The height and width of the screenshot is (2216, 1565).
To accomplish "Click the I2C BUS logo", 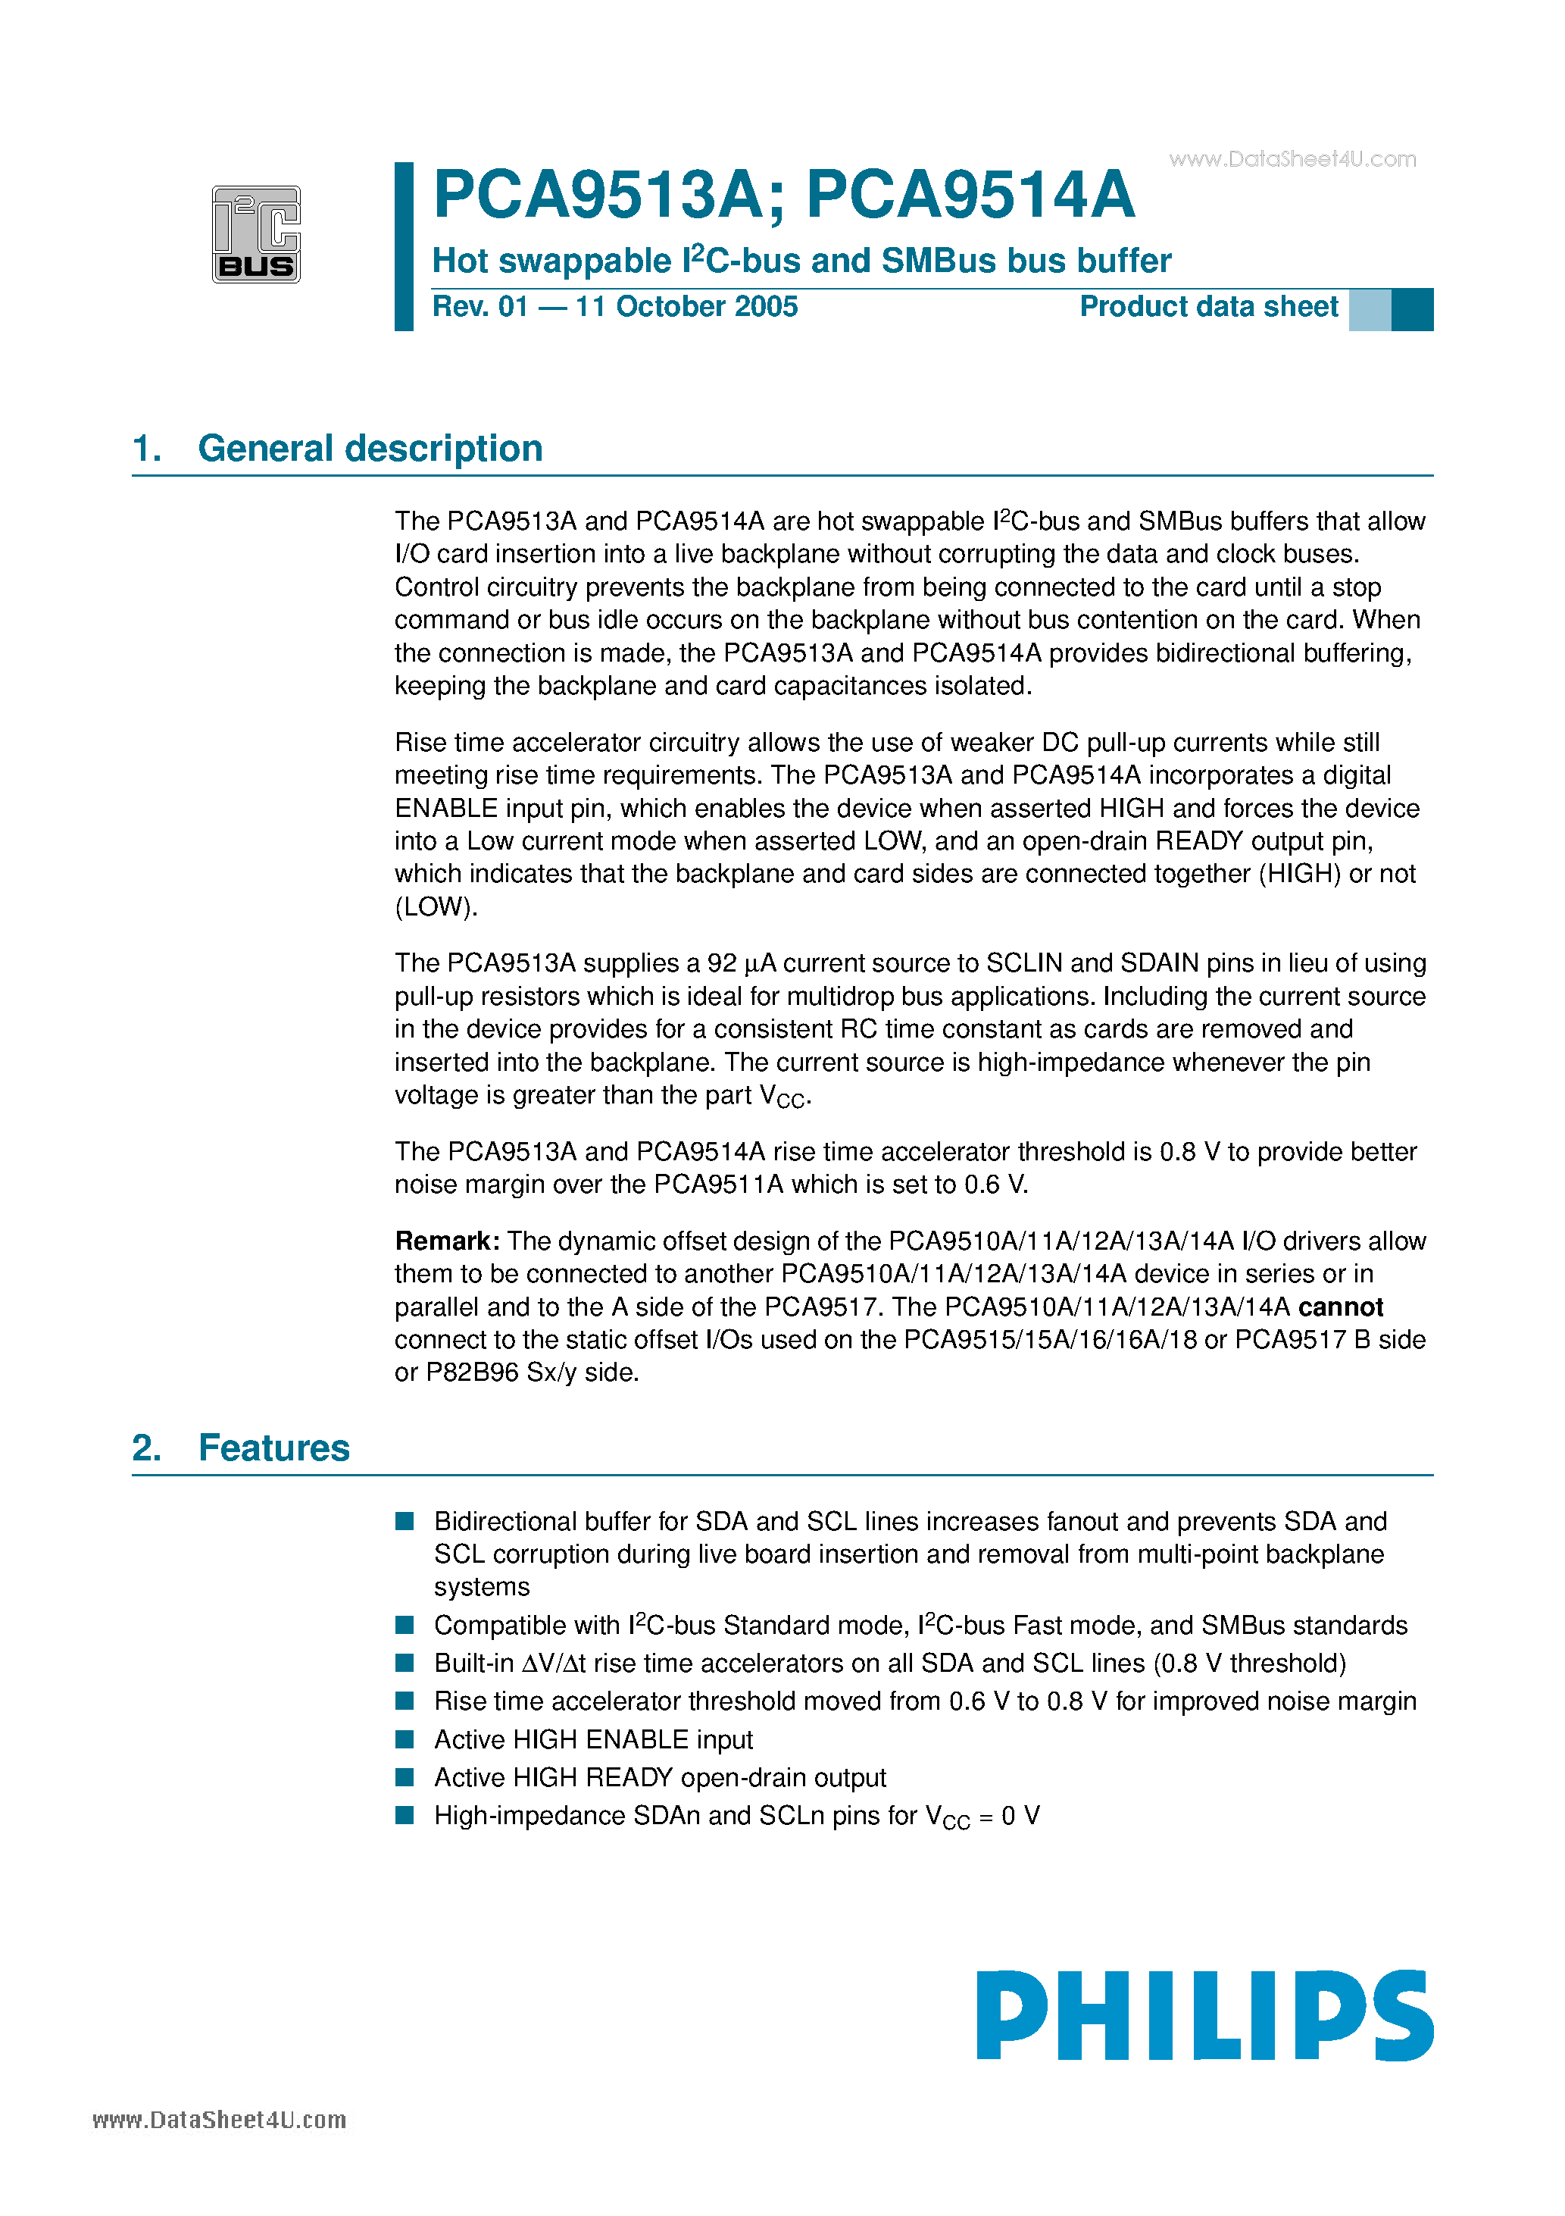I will [256, 234].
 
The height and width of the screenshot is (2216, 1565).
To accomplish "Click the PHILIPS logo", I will [1204, 2015].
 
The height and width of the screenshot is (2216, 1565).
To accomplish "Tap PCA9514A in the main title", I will [970, 196].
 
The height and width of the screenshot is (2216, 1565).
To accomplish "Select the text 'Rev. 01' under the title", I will [479, 307].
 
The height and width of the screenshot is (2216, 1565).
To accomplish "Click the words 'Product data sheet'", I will [1208, 307].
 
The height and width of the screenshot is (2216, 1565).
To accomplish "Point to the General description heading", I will [370, 449].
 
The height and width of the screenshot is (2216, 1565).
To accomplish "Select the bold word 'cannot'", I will [1340, 1307].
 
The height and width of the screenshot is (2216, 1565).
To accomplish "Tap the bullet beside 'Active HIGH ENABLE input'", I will [405, 1739].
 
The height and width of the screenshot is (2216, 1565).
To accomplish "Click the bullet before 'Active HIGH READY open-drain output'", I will [405, 1777].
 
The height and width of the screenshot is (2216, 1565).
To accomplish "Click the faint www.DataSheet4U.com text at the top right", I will [1292, 159].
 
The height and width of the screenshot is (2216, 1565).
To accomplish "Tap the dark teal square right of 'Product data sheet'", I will [1411, 310].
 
